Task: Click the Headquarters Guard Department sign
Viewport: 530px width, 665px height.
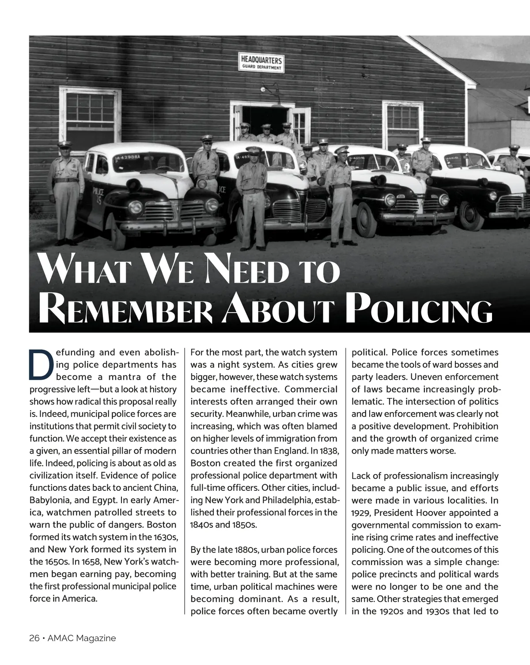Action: coord(262,62)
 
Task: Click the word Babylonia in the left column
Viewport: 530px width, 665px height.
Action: coord(49,501)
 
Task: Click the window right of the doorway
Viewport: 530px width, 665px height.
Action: coord(403,125)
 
